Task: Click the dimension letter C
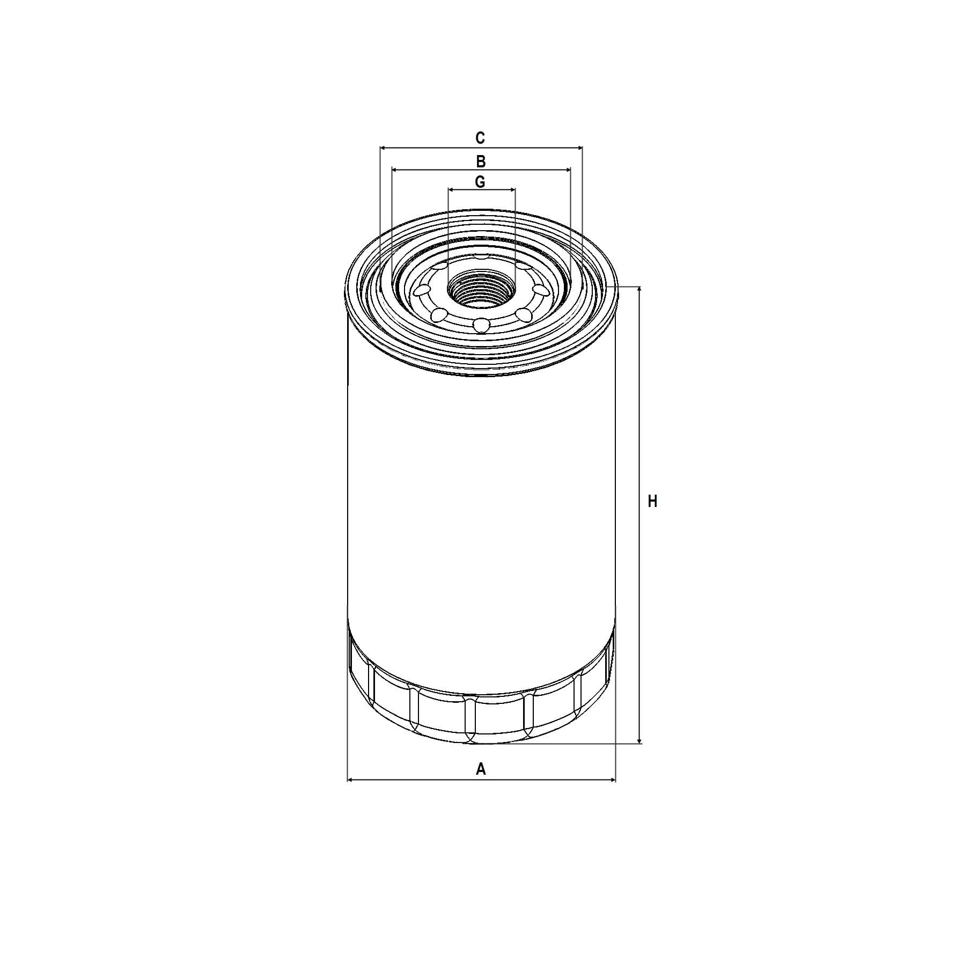coord(480,138)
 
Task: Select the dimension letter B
coord(481,161)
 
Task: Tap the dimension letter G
coord(480,182)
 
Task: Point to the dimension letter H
coord(652,502)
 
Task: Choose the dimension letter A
coord(481,769)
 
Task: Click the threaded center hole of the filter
coord(481,288)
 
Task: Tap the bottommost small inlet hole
coord(481,325)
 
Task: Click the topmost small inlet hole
coord(481,257)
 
